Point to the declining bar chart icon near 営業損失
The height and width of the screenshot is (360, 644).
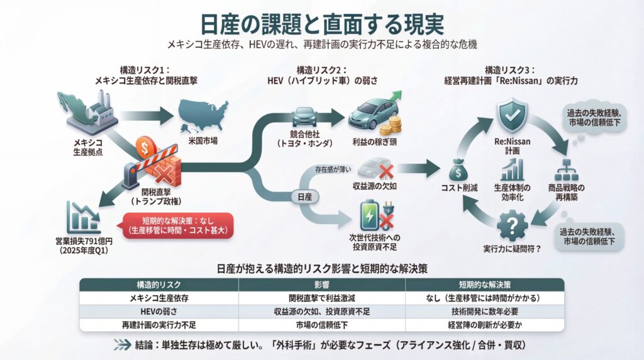(83, 218)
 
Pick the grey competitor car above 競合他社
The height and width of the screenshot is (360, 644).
(303, 116)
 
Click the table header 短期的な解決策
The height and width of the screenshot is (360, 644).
(484, 284)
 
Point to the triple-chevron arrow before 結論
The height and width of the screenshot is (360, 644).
(122, 345)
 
